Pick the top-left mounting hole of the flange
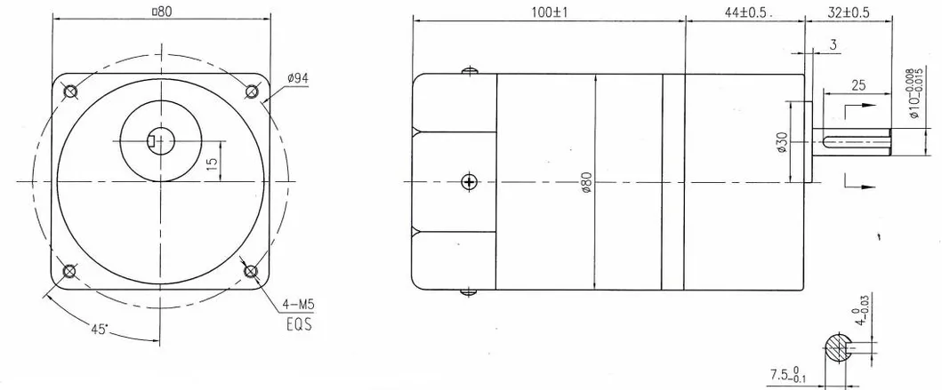pos(70,92)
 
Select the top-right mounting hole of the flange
pos(251,92)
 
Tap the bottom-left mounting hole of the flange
pos(70,271)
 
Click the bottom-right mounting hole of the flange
pos(251,271)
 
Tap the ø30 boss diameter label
pos(781,143)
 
